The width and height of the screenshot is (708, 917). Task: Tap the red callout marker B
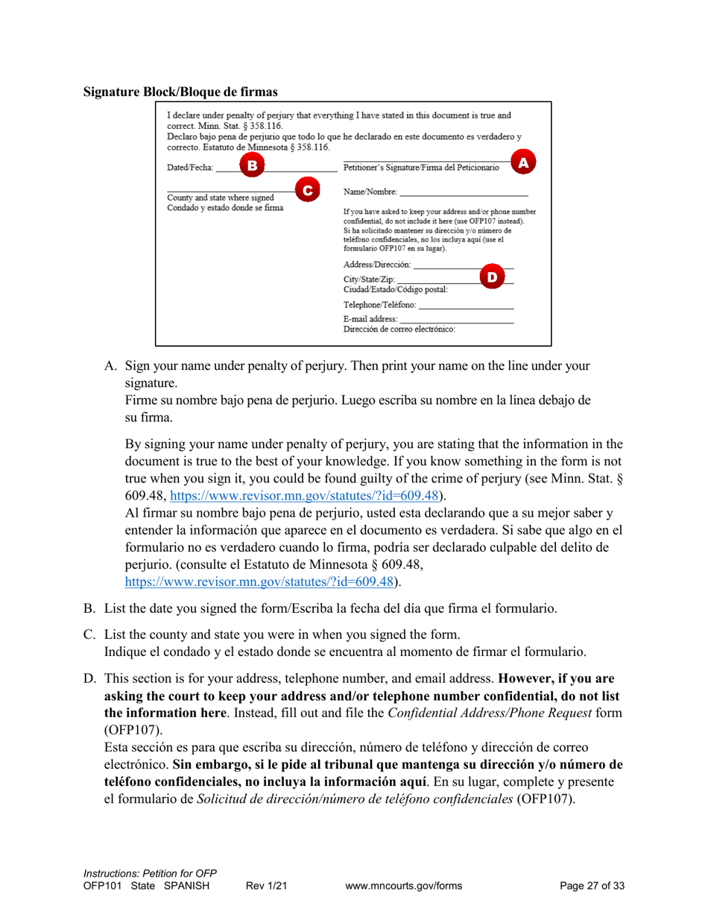coord(252,166)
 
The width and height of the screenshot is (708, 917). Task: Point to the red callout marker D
coord(491,277)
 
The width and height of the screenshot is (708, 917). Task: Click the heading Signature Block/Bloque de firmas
coord(180,92)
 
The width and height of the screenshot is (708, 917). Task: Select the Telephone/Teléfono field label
coord(380,305)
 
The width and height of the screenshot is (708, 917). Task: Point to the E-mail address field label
coord(371,318)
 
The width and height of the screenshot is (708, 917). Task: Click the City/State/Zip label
coord(370,280)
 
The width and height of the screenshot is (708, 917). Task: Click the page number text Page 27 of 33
coord(592,886)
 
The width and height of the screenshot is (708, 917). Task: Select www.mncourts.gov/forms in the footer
coord(405,886)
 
